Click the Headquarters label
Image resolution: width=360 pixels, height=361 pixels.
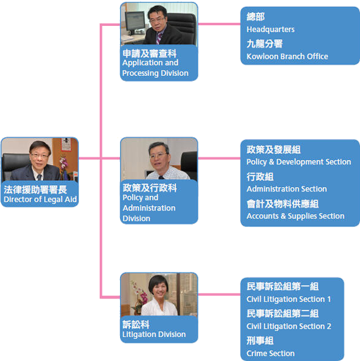click(x=270, y=30)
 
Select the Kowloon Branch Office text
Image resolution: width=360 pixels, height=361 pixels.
click(x=287, y=56)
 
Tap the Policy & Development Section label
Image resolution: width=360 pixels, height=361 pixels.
click(x=299, y=162)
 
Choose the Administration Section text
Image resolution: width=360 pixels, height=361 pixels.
click(x=287, y=189)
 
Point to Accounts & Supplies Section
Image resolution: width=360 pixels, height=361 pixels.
click(x=296, y=216)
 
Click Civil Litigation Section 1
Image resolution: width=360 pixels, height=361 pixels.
click(x=289, y=299)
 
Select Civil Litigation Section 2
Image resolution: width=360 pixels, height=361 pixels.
click(x=289, y=326)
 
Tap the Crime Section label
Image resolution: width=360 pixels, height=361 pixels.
click(x=270, y=353)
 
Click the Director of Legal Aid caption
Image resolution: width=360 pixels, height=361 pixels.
click(x=40, y=199)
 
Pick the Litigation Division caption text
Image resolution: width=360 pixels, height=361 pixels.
click(x=154, y=334)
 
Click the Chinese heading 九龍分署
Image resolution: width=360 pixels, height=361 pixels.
click(x=265, y=44)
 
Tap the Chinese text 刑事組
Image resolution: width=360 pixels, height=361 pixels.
click(x=260, y=340)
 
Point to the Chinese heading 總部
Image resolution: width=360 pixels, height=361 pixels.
click(x=256, y=17)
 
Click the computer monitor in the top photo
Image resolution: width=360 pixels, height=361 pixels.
click(x=135, y=21)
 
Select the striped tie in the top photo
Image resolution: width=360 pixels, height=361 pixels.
click(x=159, y=38)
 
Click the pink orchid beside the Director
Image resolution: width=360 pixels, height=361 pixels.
click(x=64, y=162)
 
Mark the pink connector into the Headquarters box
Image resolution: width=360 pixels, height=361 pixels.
click(x=219, y=24)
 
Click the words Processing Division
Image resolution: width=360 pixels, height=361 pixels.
click(x=155, y=73)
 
